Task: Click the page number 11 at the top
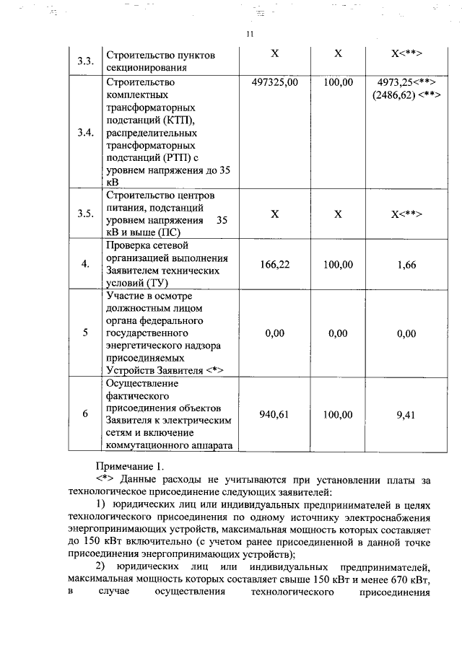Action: (x=249, y=34)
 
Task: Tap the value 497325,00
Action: (x=274, y=83)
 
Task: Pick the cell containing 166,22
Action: (x=274, y=265)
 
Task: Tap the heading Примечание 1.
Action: (x=130, y=467)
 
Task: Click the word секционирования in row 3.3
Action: (x=150, y=67)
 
